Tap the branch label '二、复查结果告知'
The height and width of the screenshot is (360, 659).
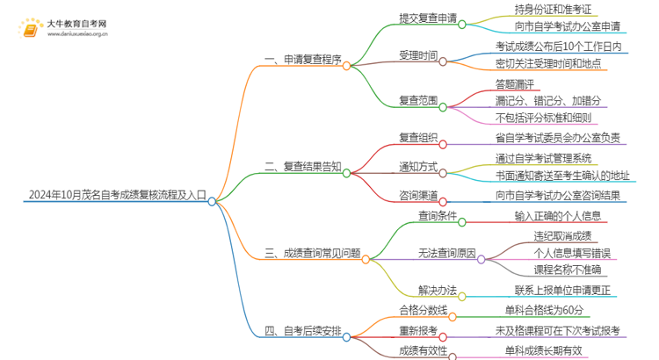(x=302, y=165)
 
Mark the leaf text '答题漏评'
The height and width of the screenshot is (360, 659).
(x=517, y=84)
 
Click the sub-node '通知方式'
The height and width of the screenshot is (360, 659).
(x=417, y=165)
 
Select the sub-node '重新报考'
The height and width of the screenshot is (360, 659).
(x=417, y=331)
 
